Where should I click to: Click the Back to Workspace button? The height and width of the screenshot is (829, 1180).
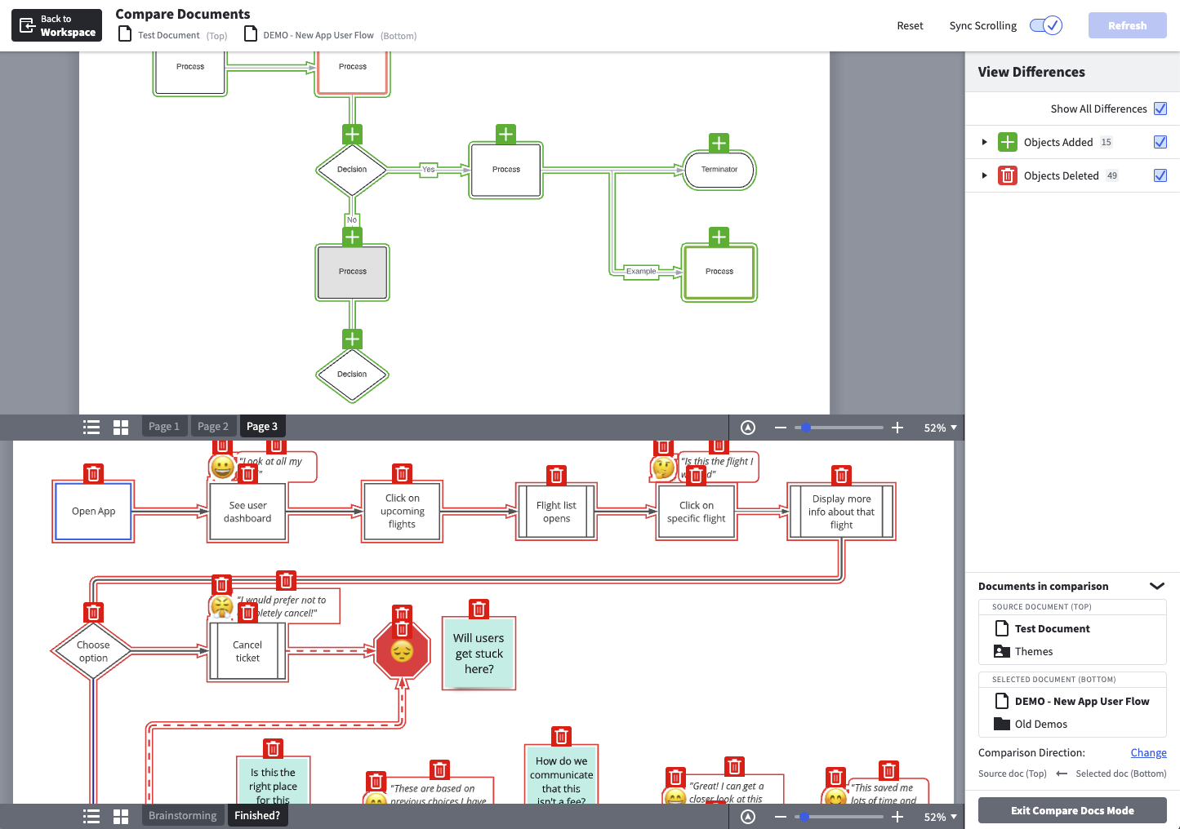coord(56,25)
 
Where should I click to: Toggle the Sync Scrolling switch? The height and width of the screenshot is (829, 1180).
coord(1045,25)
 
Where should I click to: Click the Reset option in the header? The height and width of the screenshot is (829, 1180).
coord(910,25)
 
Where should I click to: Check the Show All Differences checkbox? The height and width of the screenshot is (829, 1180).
coord(1160,109)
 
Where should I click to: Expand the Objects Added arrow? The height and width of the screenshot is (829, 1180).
coord(984,142)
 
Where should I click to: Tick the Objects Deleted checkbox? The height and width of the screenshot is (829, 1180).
coord(1160,175)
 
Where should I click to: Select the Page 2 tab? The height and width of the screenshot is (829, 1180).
coord(213,426)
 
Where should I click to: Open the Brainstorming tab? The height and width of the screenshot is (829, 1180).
coord(182,815)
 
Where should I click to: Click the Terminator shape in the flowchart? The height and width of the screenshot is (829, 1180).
coord(719,170)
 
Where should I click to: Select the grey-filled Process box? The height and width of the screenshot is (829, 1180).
coord(352,272)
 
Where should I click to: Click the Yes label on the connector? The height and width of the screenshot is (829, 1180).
coord(428,170)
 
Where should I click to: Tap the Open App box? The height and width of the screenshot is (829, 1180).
coord(93,512)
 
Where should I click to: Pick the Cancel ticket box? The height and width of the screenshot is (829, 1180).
coord(247,651)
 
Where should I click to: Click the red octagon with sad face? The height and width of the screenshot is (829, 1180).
coord(402,652)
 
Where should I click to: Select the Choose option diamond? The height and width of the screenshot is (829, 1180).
coord(93,651)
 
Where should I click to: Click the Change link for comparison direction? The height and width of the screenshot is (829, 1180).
coord(1147,752)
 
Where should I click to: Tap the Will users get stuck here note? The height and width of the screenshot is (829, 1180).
coord(479,654)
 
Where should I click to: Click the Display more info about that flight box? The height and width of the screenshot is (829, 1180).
coord(841,512)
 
